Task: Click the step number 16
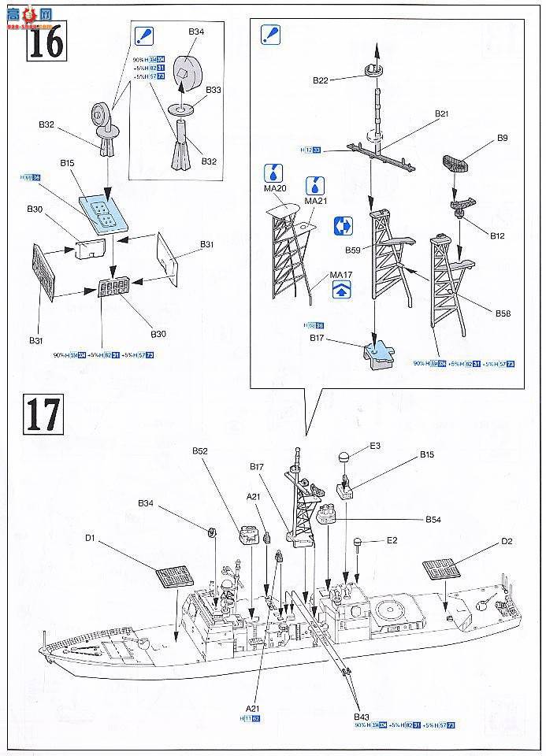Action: [x=43, y=43]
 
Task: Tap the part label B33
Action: [x=214, y=91]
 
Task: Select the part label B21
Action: [x=441, y=114]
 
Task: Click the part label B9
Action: [x=502, y=139]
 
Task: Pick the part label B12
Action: [x=497, y=235]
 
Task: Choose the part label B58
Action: [x=503, y=313]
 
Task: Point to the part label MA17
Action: [x=340, y=275]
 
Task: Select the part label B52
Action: [x=199, y=450]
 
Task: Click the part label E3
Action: [x=375, y=446]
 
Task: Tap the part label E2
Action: [x=392, y=541]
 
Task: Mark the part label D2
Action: [x=507, y=542]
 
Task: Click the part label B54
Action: [x=433, y=520]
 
